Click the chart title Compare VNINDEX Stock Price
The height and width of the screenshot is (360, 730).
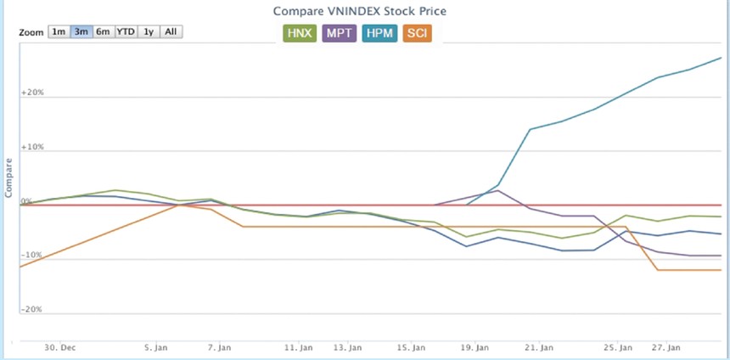360,11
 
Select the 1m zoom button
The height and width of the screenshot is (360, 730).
59,31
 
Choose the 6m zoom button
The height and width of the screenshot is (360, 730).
103,31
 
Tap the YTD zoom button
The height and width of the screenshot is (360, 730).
126,31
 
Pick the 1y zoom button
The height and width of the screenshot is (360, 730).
149,31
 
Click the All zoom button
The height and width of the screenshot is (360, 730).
171,31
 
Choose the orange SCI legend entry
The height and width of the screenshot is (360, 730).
417,33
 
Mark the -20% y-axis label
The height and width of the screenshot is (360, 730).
32,309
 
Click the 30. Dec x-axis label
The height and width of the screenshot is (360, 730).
60,347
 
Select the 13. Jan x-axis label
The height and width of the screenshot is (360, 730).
348,347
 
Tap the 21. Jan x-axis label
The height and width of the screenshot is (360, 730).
541,347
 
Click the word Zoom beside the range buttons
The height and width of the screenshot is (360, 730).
31,32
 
